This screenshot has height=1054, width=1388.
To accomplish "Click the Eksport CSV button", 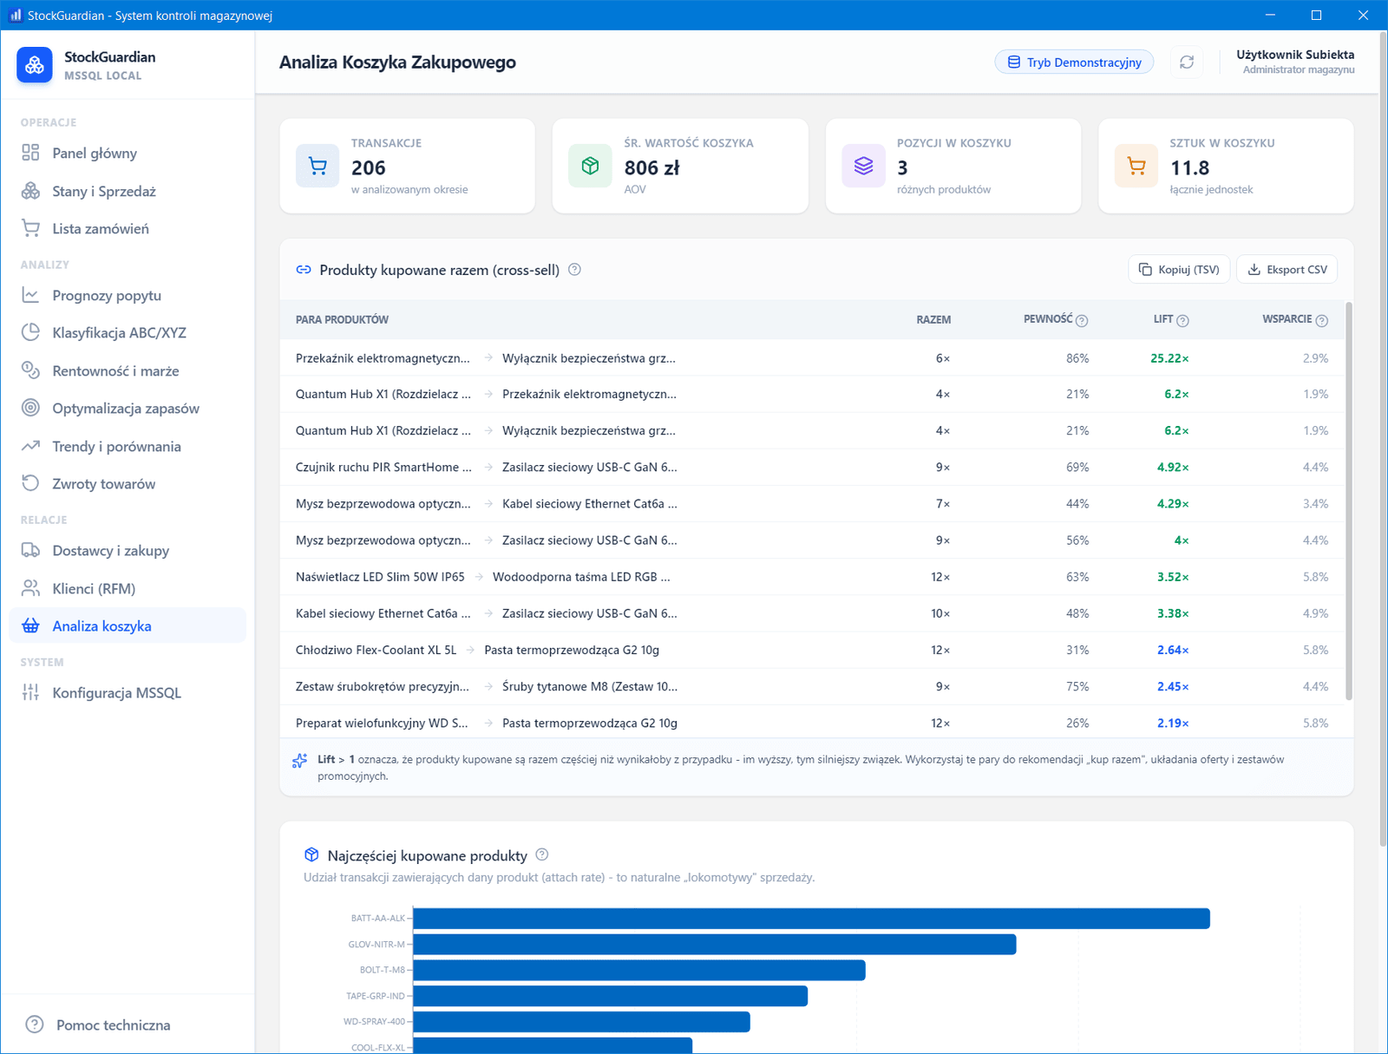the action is point(1287,269).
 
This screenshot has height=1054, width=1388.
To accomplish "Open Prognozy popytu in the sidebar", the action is point(106,295).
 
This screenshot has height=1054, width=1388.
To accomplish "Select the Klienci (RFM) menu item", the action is point(94,589).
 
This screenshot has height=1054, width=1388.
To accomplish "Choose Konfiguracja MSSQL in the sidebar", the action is point(116,693).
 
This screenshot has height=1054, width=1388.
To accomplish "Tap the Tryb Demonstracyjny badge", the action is point(1074,62).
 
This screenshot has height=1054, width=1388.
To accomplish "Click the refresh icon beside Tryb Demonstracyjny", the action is point(1187,62).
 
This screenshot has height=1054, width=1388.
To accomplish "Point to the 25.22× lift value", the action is point(1169,358).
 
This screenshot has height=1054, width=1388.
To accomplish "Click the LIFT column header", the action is point(1163,319).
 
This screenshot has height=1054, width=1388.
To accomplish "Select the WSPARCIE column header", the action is point(1287,319).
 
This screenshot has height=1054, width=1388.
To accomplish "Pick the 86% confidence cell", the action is point(1077,358).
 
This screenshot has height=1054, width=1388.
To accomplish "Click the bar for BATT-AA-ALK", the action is point(811,918).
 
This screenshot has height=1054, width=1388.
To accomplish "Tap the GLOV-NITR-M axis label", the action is point(376,944).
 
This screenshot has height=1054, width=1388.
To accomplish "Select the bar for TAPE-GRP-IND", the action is point(610,996).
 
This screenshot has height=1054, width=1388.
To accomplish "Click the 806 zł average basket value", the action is point(652,167).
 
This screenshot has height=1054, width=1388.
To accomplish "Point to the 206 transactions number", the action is point(368,167).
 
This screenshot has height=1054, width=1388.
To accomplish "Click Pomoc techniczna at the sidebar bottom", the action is point(113,1025).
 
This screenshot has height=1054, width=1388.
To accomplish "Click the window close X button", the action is point(1363,15).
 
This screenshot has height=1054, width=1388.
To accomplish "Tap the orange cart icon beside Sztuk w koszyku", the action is point(1136,167).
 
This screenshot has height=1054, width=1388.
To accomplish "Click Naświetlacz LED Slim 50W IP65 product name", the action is point(379,577).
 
